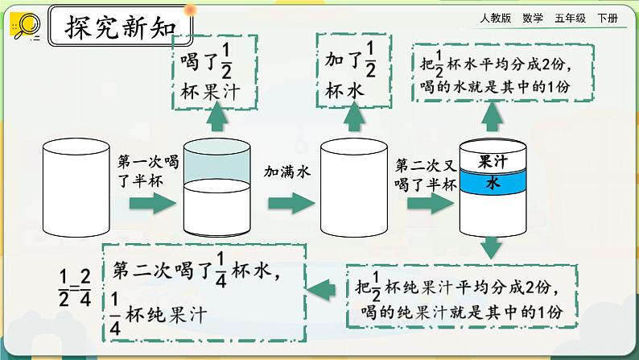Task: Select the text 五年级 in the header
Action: click(x=571, y=19)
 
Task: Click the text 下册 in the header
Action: click(x=608, y=19)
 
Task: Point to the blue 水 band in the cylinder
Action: click(x=491, y=184)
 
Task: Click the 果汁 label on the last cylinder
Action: click(x=491, y=162)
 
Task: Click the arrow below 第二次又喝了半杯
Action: click(x=426, y=204)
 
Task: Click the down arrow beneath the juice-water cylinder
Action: click(x=492, y=249)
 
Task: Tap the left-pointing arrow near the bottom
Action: click(x=324, y=283)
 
